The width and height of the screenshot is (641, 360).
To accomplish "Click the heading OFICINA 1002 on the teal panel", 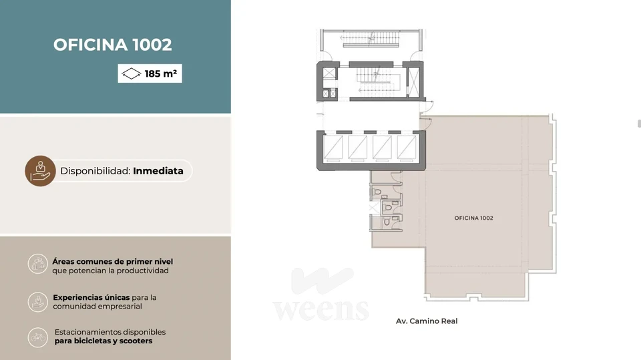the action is [x=112, y=45].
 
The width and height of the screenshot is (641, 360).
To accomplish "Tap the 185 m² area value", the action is [x=161, y=73].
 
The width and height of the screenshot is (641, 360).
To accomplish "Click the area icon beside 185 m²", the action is [x=132, y=73].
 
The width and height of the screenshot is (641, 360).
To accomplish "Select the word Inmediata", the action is [x=158, y=171].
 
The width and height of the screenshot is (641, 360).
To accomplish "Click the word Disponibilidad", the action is [x=95, y=171].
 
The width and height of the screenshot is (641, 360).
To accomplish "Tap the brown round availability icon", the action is [x=40, y=171].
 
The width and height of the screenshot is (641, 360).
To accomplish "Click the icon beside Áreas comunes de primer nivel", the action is [x=37, y=264].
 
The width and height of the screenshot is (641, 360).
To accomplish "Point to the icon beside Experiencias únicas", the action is [x=37, y=302].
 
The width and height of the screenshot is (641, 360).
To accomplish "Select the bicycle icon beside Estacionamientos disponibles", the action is [x=37, y=337].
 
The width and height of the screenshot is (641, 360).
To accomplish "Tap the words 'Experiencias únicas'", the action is [x=91, y=297].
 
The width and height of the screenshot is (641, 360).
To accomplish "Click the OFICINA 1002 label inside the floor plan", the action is [x=474, y=218].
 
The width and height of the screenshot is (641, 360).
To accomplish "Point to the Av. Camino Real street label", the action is [x=427, y=321].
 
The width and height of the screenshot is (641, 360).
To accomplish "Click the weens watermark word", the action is [x=321, y=310].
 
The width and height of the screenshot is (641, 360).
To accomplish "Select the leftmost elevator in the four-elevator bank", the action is [x=333, y=147].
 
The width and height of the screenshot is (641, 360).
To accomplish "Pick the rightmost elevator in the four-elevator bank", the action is [x=407, y=147].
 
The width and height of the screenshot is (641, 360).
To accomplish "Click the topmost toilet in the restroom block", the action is [x=377, y=192].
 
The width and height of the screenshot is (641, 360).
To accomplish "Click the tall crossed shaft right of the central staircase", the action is [x=414, y=81].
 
